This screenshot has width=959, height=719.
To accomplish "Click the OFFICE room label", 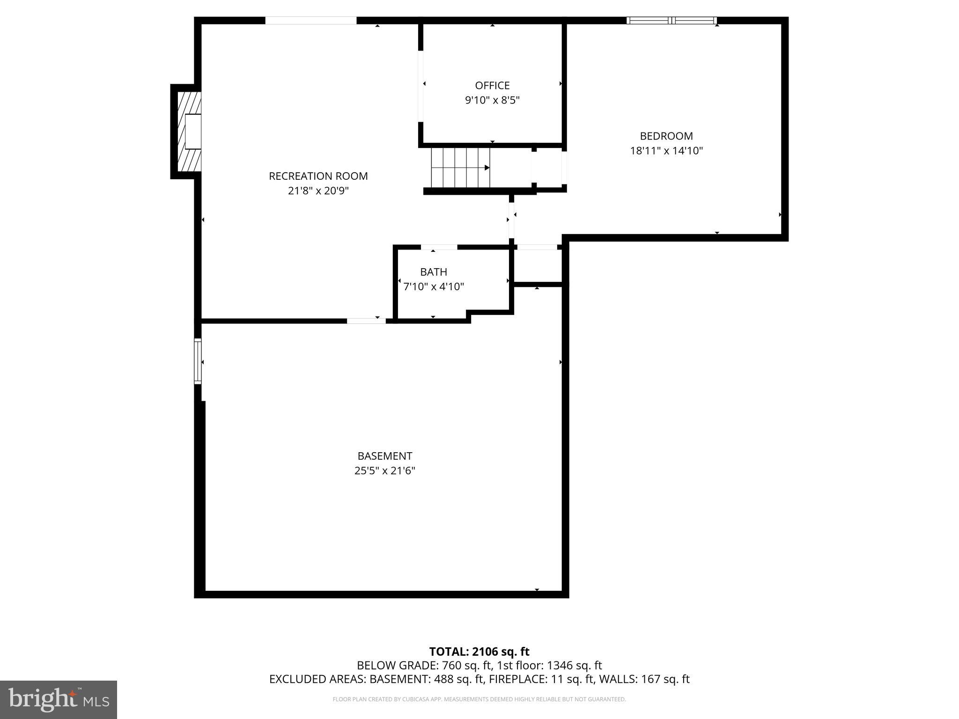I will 492,86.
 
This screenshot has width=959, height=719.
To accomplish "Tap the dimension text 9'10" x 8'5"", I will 492,100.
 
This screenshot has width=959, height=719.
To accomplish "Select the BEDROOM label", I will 666,136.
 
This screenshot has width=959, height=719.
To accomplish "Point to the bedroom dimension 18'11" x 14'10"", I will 666,151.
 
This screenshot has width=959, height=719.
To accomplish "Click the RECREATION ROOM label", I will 318,176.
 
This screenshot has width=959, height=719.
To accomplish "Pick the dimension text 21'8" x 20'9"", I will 318,191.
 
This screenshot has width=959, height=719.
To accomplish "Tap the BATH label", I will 433,272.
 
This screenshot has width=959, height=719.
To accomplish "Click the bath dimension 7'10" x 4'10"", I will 433,286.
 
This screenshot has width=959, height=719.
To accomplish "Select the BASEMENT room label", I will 384,456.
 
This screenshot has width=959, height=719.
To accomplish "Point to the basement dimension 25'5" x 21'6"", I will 384,470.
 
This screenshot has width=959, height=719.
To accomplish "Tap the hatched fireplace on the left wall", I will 185,132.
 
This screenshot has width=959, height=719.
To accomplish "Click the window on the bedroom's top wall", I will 671,21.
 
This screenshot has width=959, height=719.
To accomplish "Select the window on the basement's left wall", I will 198,361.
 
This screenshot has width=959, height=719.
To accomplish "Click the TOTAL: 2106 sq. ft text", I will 479,652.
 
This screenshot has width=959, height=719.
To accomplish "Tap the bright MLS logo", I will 58,699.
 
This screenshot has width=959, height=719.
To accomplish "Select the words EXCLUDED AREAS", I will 317,679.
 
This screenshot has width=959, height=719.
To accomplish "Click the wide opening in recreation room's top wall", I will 311,21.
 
